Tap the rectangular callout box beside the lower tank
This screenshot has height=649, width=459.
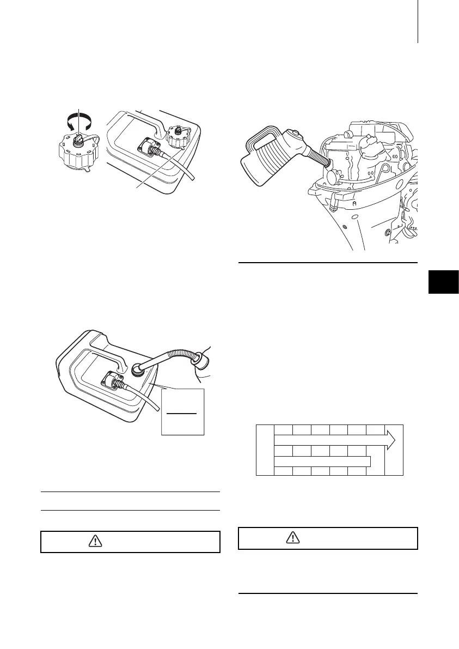[183, 411]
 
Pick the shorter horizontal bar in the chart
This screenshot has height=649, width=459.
[322, 462]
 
